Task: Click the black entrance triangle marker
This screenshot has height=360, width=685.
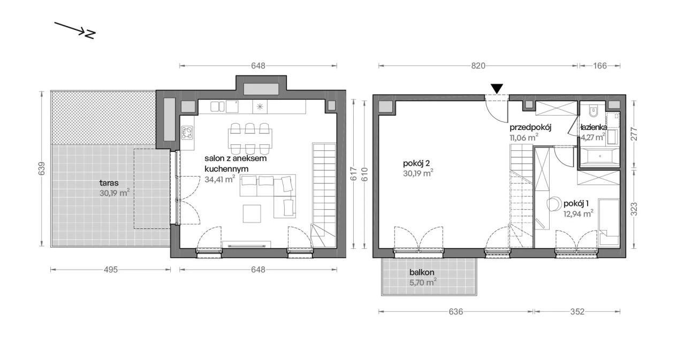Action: pos(497,89)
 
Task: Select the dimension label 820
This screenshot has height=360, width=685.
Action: pos(478,66)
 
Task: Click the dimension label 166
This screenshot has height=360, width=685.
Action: pos(600,66)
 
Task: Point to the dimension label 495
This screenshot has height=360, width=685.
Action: pos(111,270)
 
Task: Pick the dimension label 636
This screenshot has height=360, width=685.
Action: pos(455,311)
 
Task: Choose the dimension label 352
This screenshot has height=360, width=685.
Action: pos(577,311)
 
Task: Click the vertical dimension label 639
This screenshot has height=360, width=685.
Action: pos(42,168)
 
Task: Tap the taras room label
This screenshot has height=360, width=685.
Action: pos(109,183)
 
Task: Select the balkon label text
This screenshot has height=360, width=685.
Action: pos(422,272)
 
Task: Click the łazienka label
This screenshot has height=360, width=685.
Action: pos(594,127)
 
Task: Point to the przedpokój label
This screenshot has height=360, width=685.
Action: pos(530,128)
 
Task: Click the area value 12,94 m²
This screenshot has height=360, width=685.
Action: pos(579,213)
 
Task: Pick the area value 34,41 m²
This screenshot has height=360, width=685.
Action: pos(220,179)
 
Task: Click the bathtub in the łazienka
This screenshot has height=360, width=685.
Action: pos(600,157)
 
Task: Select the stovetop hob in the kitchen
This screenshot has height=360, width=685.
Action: pos(187,133)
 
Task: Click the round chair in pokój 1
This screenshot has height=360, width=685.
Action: pos(553,204)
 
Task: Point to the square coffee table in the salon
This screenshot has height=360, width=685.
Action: pos(252,213)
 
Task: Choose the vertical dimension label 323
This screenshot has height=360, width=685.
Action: pos(634,209)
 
